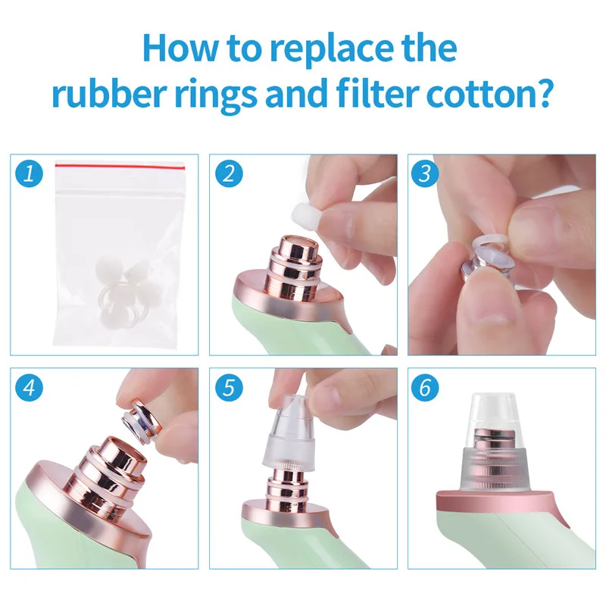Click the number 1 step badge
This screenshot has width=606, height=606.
click(29, 173)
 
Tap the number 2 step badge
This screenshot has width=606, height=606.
click(229, 173)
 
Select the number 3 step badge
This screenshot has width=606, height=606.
click(425, 173)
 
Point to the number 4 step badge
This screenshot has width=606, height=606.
click(29, 387)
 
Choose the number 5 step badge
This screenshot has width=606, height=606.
click(229, 387)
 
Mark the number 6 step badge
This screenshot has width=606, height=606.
click(425, 387)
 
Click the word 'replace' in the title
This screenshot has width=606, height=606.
click(332, 49)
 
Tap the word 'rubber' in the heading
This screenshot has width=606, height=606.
click(109, 92)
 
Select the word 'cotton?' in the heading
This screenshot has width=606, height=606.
click(488, 93)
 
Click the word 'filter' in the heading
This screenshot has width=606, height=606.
click(377, 92)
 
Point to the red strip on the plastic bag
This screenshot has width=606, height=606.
click(120, 166)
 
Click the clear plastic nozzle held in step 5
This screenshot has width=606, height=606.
click(289, 432)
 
